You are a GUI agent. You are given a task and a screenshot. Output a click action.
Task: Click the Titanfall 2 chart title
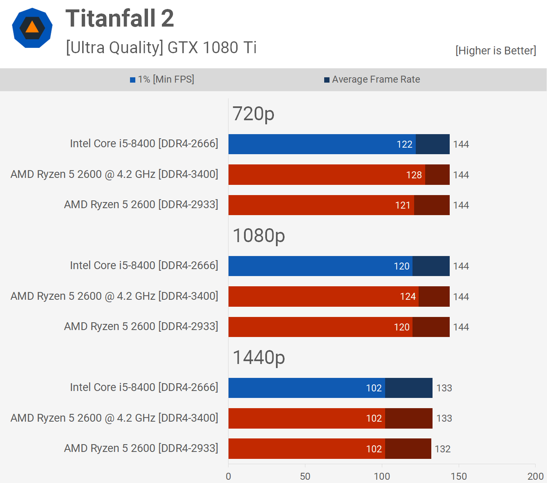(x=119, y=19)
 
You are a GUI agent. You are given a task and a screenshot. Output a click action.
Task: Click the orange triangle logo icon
(x=32, y=27)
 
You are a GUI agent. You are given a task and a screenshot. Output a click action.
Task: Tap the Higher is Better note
(x=495, y=51)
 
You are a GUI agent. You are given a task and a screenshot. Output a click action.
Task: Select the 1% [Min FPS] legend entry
(x=162, y=79)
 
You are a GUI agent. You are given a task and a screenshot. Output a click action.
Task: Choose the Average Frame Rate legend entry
(x=372, y=79)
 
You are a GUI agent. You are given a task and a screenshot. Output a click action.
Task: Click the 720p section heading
(x=253, y=114)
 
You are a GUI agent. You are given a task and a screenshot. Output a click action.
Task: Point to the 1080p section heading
(x=258, y=236)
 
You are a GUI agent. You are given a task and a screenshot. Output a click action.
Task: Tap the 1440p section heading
(x=258, y=357)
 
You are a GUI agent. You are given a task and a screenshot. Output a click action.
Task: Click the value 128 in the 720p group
(x=414, y=175)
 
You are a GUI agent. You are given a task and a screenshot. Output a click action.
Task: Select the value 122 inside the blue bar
(x=404, y=144)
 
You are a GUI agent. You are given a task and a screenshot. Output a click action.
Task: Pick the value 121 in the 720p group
(x=403, y=205)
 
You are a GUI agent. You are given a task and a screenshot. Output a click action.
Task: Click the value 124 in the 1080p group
(x=408, y=297)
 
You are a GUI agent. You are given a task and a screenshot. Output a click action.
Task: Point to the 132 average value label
(x=442, y=449)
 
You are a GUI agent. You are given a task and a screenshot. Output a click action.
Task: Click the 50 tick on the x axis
(x=305, y=476)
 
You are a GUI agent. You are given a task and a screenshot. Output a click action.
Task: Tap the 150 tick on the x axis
(x=459, y=476)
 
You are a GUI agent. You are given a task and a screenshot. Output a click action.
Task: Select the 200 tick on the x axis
(x=535, y=476)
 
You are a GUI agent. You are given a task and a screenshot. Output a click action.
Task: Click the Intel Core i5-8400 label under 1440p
(x=144, y=387)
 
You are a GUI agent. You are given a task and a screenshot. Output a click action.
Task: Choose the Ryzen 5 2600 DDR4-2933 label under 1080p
(x=141, y=326)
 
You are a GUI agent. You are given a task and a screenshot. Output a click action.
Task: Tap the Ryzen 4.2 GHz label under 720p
(x=114, y=174)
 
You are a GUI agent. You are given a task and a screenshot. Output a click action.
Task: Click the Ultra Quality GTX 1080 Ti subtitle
(x=161, y=48)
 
